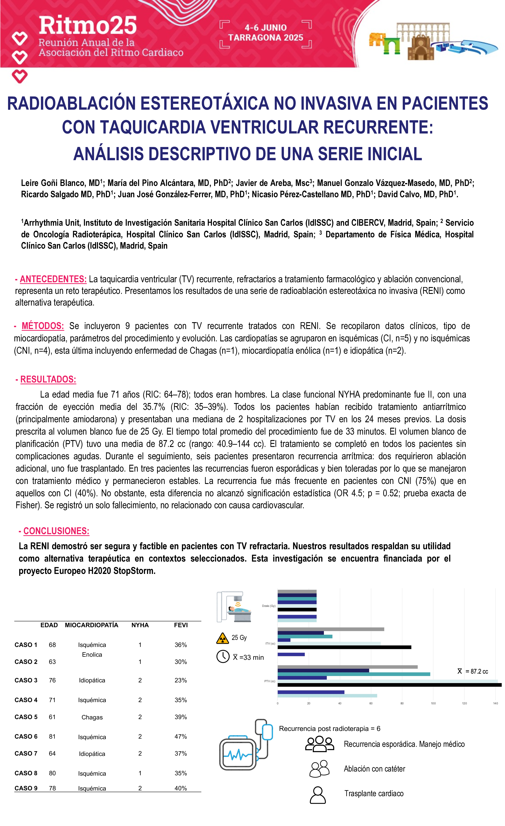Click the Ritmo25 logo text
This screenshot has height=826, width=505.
point(88,26)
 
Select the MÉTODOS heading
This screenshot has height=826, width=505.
point(42,326)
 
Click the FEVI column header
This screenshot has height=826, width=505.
point(181,625)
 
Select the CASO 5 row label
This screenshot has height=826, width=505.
point(26,717)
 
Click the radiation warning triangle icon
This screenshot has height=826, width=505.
point(223,638)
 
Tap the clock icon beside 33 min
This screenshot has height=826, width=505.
point(223,657)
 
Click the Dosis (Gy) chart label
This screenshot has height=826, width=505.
point(268,606)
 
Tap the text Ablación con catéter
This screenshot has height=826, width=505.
point(374,769)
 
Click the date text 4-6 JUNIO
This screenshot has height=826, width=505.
point(265,28)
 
